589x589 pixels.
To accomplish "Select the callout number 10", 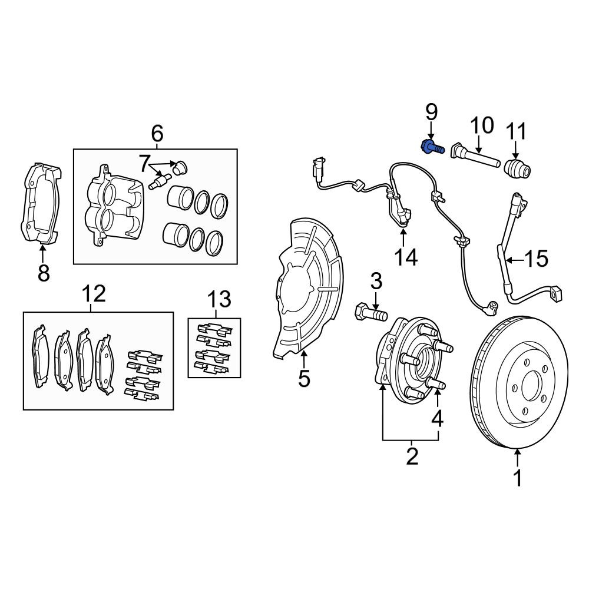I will (481, 125).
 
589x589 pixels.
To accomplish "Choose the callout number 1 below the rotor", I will (518, 478).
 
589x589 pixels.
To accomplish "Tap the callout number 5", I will (304, 378).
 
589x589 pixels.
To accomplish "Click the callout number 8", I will (44, 272).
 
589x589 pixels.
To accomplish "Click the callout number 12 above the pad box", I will (94, 293).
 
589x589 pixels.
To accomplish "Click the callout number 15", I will (536, 259).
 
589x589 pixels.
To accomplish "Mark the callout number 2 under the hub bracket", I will (411, 456).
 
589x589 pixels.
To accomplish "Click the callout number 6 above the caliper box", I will (157, 134).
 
